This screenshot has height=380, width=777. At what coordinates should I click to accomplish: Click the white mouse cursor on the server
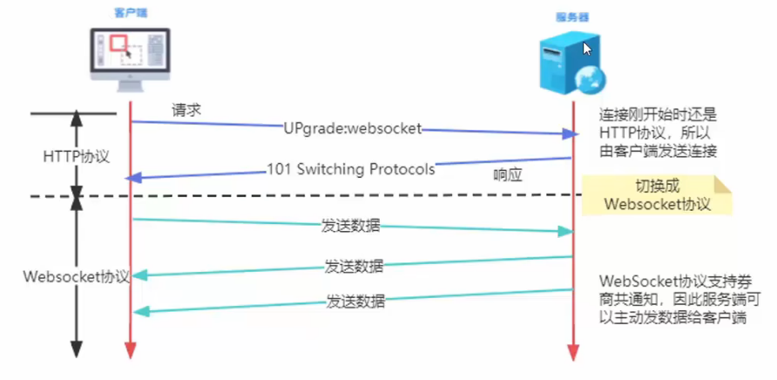(x=587, y=49)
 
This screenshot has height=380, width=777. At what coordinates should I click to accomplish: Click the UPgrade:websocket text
(x=352, y=128)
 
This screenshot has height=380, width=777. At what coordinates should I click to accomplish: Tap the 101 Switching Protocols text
(x=350, y=169)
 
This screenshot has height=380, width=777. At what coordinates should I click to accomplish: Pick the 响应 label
(x=508, y=174)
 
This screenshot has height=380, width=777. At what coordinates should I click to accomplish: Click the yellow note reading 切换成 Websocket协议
(x=658, y=196)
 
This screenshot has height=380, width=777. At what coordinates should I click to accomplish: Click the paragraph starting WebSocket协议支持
(x=676, y=300)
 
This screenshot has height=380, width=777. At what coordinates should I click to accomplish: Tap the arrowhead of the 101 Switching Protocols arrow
(x=133, y=178)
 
